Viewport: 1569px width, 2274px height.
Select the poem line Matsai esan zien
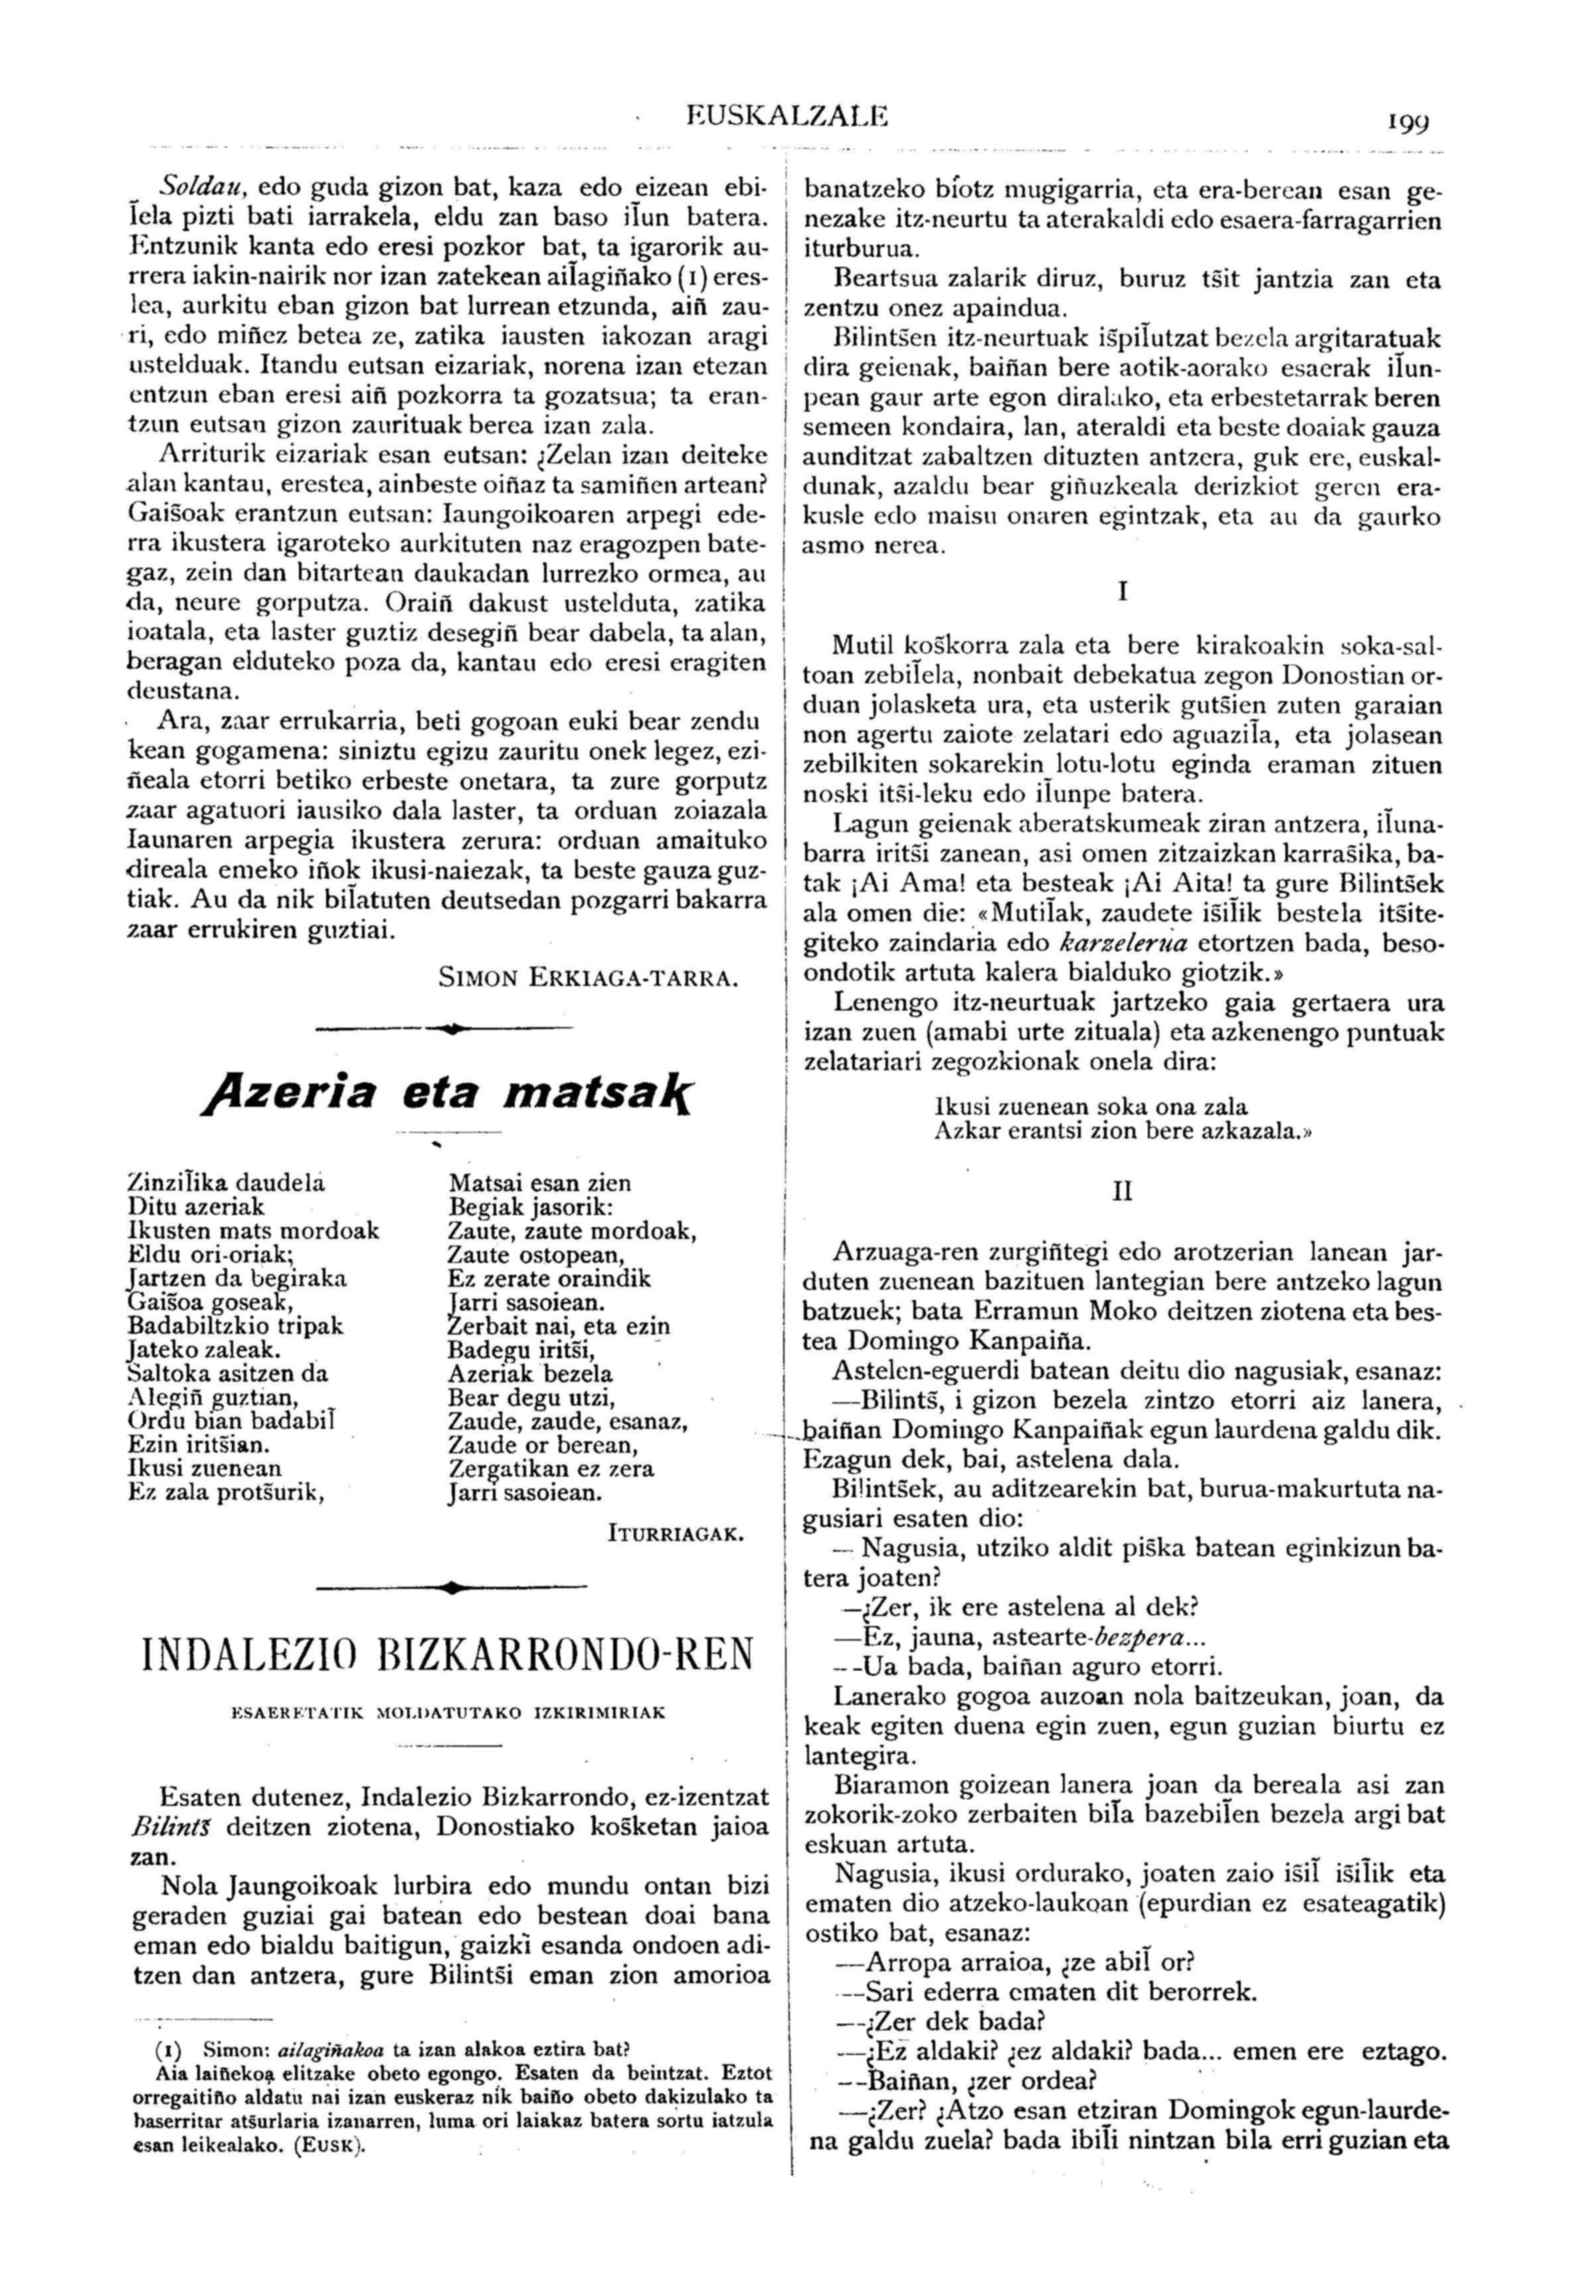point(539,1183)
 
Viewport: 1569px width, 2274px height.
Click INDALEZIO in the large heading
point(254,1654)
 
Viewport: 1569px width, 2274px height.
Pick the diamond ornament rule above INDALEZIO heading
point(449,1587)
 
